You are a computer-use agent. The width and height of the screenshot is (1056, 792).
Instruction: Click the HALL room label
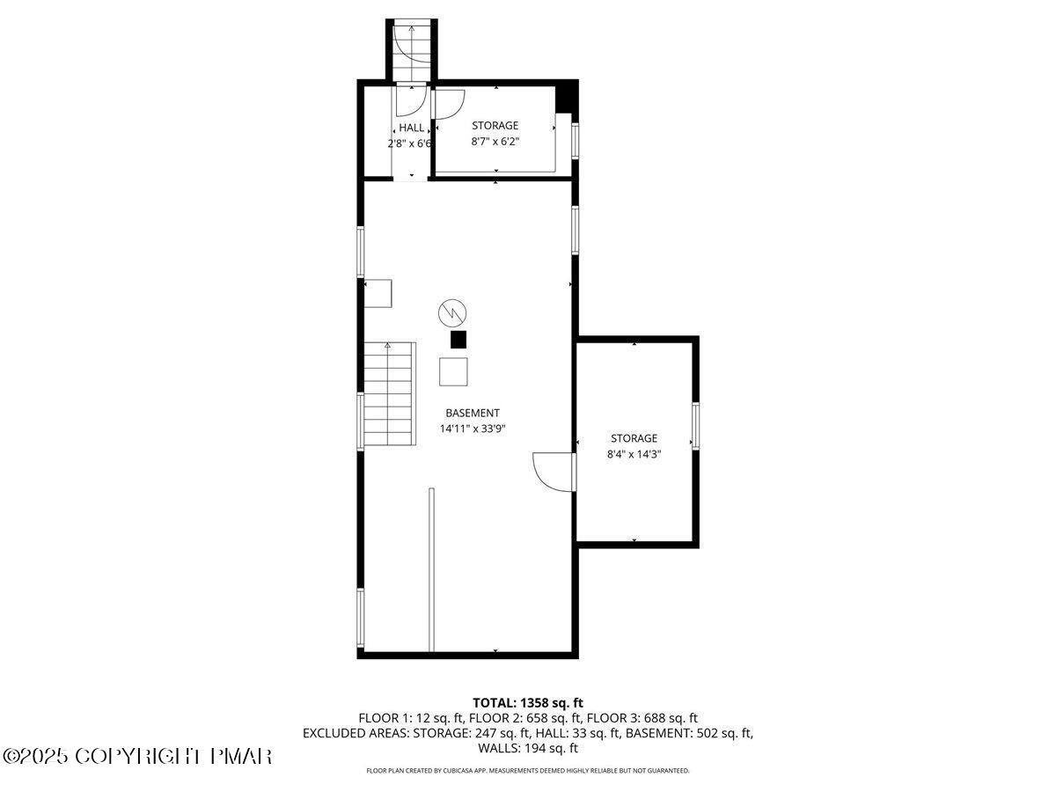[x=411, y=128]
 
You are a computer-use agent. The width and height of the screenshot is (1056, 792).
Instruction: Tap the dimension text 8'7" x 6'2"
[x=495, y=142]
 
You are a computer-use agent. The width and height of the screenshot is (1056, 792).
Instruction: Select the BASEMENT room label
[x=473, y=413]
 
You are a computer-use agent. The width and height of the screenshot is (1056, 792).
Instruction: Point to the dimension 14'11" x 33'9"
[x=473, y=429]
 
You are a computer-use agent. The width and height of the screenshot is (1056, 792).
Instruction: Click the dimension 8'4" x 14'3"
[x=634, y=454]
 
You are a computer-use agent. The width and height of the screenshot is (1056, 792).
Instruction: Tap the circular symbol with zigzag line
[x=451, y=312]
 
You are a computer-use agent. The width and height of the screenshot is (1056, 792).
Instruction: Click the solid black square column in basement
[x=458, y=340]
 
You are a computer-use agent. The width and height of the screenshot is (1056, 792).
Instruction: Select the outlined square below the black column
[x=455, y=371]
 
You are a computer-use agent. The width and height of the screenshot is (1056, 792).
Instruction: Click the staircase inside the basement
[x=388, y=394]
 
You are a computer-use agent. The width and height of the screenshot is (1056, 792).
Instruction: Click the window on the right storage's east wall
[x=694, y=425]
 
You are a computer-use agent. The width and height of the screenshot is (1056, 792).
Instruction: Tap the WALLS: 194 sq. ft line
[x=528, y=748]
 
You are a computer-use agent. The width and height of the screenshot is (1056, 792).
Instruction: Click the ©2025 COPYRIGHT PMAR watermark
[x=137, y=756]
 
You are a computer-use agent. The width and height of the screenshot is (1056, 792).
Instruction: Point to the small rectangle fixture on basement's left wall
[x=379, y=293]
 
